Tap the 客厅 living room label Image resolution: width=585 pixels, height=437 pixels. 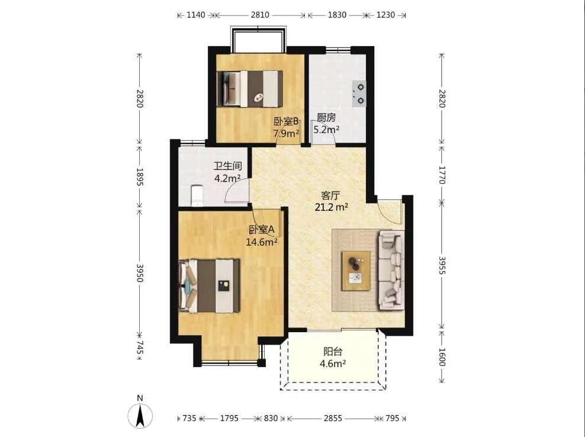coord(330,195)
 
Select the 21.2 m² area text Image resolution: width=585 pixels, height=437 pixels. coord(332,207)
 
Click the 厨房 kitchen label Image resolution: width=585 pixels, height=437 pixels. coord(326,118)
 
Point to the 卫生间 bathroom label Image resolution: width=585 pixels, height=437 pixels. coord(227,166)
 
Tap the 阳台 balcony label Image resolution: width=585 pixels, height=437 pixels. coord(333,352)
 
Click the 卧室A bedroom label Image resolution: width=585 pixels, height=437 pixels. coord(262,230)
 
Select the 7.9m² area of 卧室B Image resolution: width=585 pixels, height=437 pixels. coord(287,133)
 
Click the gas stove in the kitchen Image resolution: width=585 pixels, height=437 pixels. coord(359,94)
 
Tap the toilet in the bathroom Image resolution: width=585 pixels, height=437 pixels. coord(197,196)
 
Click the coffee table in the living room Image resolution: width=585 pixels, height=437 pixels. coord(356,271)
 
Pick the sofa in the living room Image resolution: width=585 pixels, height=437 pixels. coord(391,270)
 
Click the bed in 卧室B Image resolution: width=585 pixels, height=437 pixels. coord(250,89)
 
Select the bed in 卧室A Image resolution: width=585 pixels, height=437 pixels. coord(209,286)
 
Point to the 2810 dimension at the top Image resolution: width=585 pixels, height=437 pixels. coord(260,15)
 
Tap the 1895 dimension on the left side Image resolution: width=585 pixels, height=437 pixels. coord(140,177)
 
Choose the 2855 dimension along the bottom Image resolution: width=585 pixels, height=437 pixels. coord(333,418)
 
